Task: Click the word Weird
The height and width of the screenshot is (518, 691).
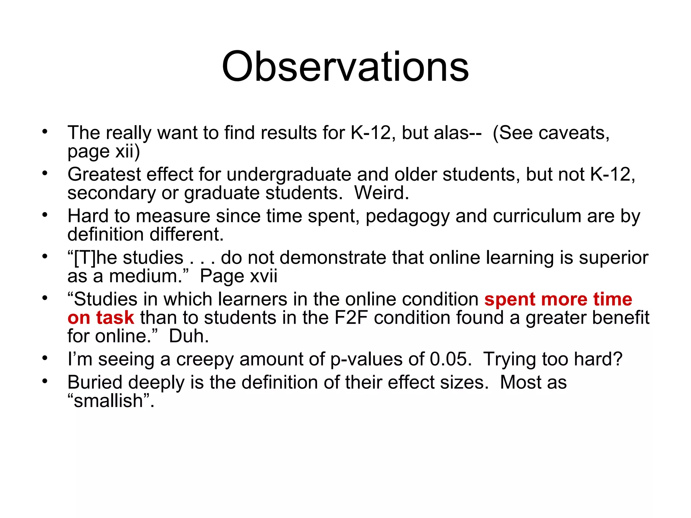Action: pos(381,193)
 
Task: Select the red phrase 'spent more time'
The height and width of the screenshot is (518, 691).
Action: pos(558,299)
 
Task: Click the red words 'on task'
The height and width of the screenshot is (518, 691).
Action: pos(101,318)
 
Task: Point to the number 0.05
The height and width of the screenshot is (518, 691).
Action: pos(450,359)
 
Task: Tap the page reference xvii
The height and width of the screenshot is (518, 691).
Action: pos(263,276)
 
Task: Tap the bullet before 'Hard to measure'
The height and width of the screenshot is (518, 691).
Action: pos(45,215)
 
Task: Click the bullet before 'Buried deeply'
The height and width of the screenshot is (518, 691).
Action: pos(45,381)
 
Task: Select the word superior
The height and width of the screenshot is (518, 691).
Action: pos(613,258)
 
